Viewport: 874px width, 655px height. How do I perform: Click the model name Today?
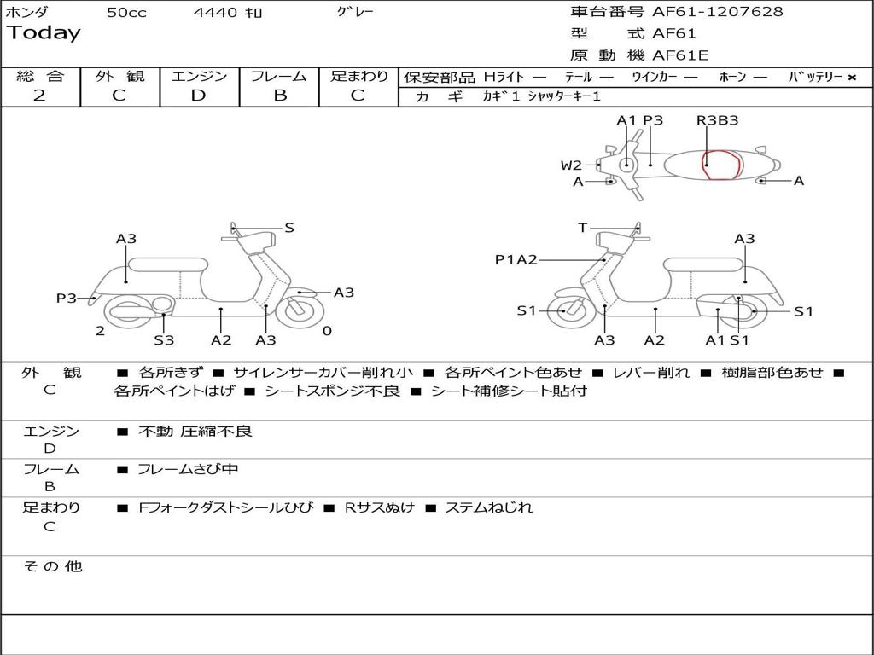[44, 33]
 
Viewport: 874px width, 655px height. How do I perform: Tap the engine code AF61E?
[680, 55]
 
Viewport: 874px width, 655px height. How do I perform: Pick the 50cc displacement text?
[126, 13]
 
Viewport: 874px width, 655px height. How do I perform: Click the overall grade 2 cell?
[39, 96]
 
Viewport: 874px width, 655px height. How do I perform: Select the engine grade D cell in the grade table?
[199, 96]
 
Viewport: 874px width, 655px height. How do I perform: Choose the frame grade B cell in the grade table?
[279, 96]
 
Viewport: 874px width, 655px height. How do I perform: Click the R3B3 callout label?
[717, 120]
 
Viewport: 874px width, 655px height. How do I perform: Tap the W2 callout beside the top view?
[571, 165]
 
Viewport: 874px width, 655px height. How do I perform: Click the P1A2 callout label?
[516, 260]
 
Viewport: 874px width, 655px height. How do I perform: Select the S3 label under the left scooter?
[164, 340]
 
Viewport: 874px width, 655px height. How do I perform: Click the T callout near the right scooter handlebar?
[583, 228]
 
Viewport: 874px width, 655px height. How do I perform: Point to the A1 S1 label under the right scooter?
[727, 340]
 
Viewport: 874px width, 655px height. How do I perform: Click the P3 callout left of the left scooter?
[67, 299]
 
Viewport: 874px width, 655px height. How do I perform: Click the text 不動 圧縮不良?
[195, 432]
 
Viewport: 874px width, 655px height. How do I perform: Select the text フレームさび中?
[188, 469]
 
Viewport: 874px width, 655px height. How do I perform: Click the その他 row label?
[52, 566]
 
